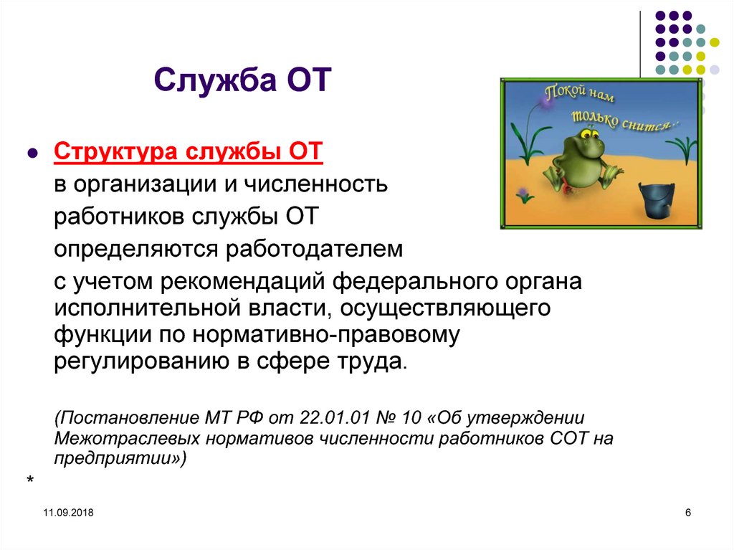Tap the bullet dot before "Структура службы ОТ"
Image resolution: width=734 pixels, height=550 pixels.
point(32,155)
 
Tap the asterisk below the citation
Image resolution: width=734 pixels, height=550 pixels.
point(30,478)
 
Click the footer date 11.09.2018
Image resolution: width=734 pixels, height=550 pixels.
point(68,513)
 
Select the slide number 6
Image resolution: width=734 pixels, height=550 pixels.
point(688,512)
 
